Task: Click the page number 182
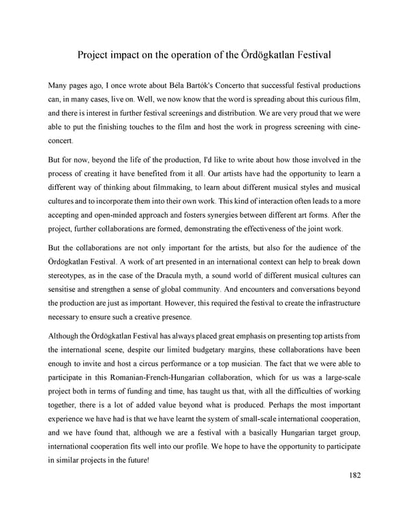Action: [x=351, y=475]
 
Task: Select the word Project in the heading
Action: [x=95, y=53]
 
